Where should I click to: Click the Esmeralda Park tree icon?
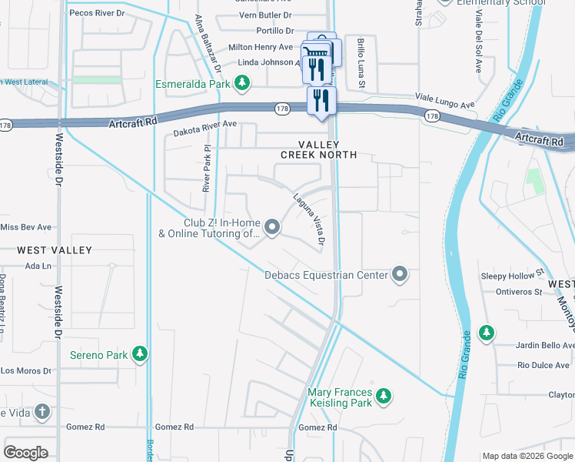point(242,82)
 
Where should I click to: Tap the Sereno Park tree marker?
point(139,354)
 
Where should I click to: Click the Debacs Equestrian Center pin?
point(399,274)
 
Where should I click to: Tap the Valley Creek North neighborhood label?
point(318,149)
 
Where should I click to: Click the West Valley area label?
point(55,250)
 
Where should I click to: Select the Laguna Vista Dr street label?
point(309,220)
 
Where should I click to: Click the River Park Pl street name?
point(206,167)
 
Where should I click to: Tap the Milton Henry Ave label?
point(261,48)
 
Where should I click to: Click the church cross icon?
point(42,411)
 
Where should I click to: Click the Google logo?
point(26,452)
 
